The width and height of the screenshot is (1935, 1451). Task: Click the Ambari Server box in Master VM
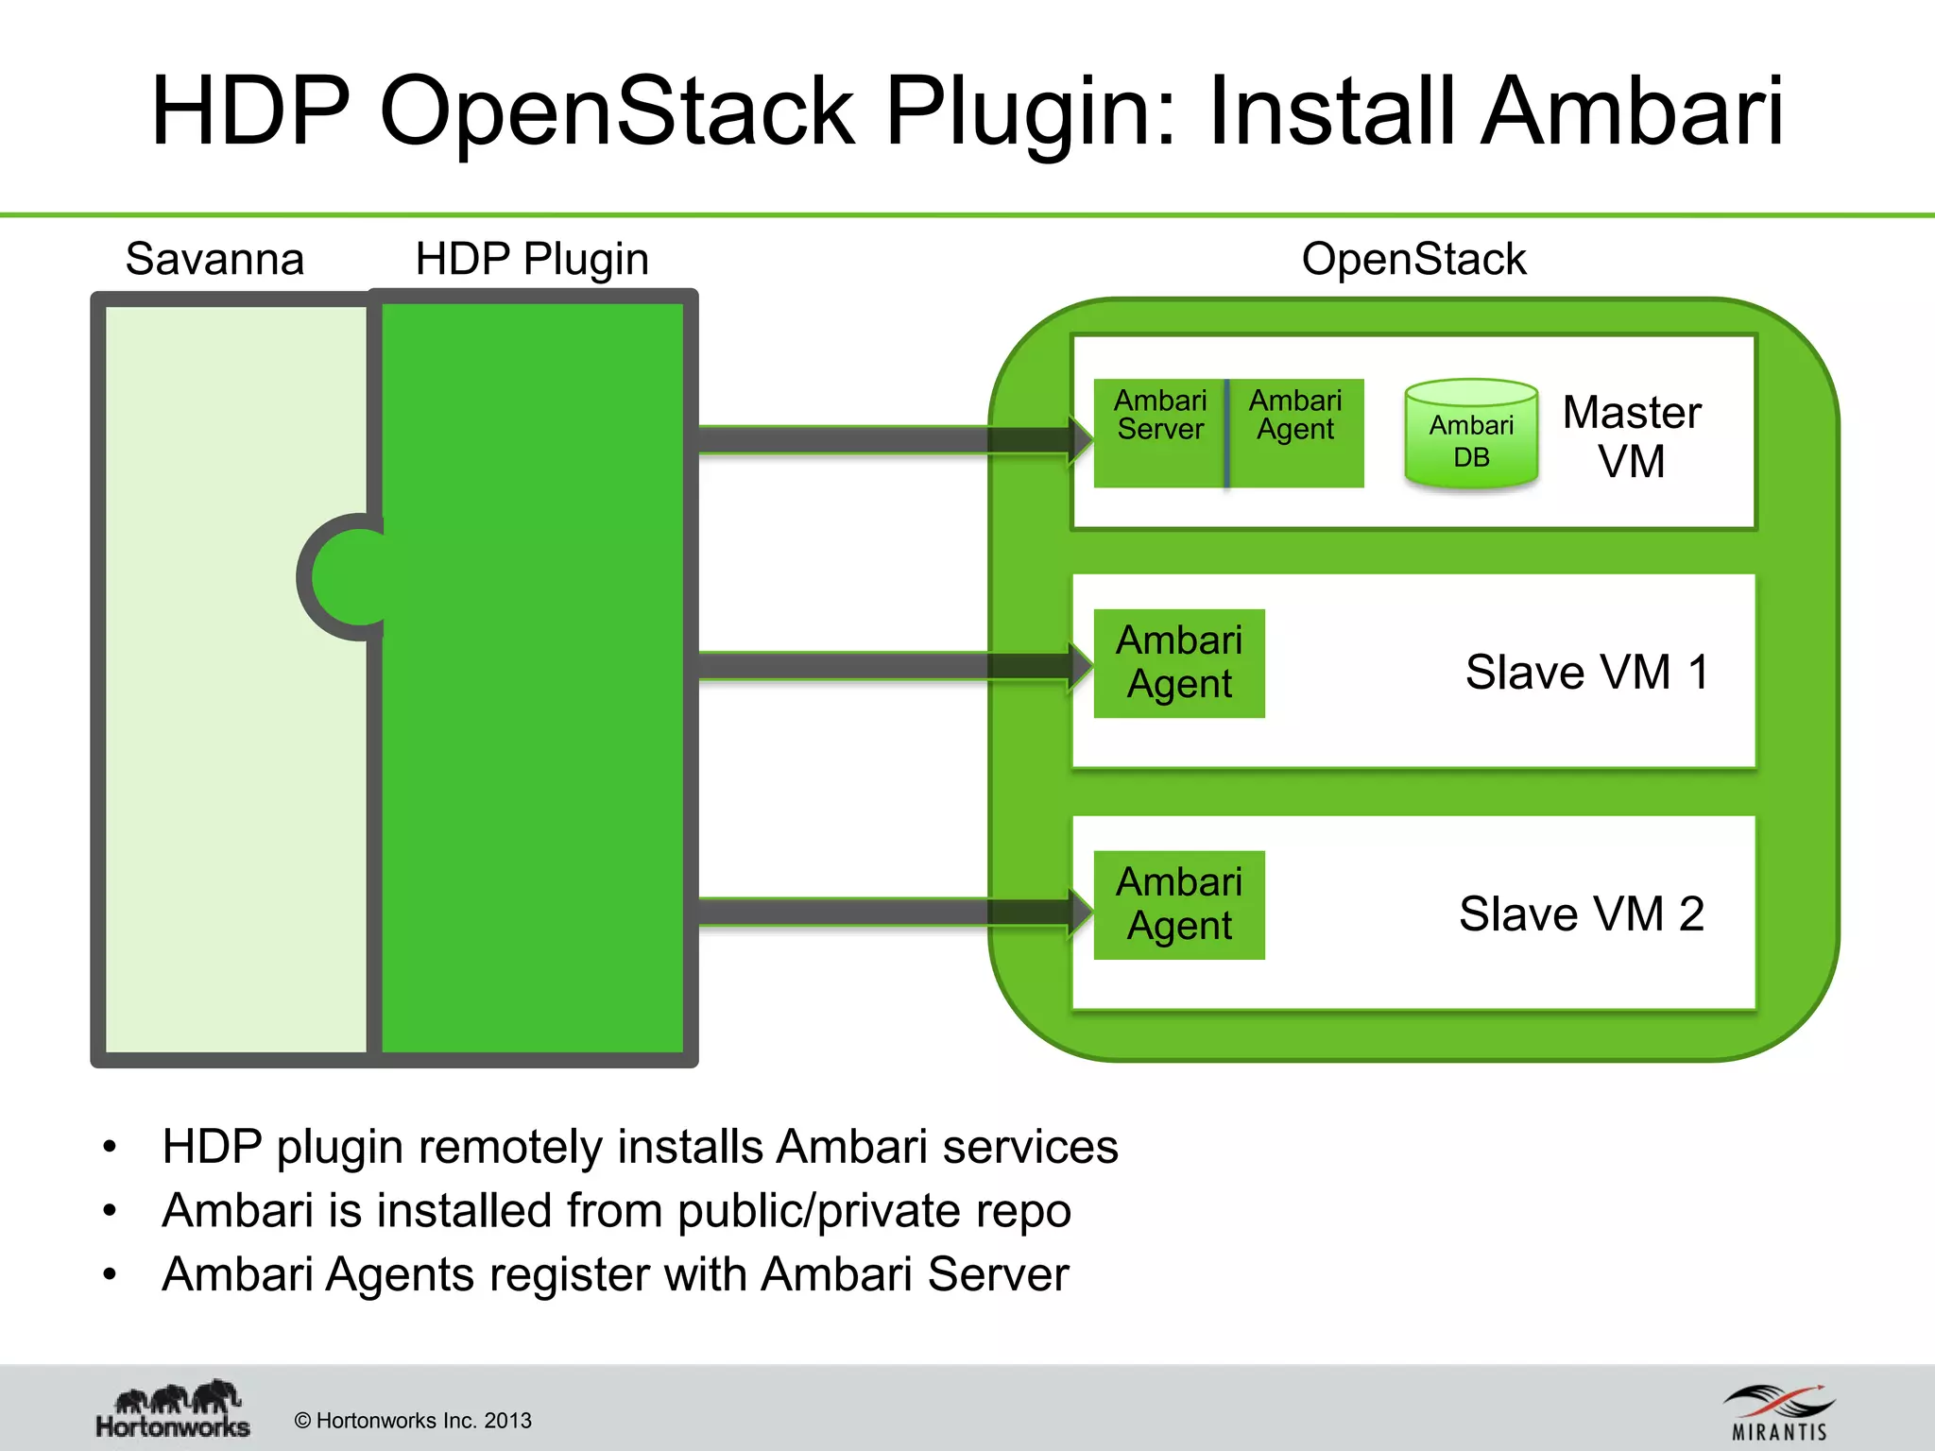(x=1159, y=433)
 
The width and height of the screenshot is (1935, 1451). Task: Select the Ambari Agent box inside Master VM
(x=1296, y=433)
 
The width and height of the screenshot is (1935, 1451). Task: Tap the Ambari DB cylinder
(x=1471, y=436)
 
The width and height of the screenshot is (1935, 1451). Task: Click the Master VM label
(x=1632, y=436)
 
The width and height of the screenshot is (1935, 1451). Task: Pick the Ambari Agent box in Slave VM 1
(x=1179, y=663)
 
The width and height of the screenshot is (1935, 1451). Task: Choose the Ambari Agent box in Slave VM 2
(x=1179, y=905)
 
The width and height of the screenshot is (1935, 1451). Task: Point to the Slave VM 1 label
(x=1587, y=673)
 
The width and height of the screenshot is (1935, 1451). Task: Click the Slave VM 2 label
(x=1582, y=914)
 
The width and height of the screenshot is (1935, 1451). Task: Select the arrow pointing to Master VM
(x=888, y=440)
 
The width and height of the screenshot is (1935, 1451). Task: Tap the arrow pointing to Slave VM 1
(x=888, y=666)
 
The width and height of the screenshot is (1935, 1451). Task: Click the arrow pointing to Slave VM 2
(x=888, y=912)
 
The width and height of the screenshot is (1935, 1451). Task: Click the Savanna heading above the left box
(x=214, y=259)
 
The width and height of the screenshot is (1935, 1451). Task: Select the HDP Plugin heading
(x=532, y=259)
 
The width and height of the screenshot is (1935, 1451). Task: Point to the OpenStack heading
(x=1413, y=259)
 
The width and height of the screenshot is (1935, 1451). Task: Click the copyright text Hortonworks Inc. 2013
(x=413, y=1421)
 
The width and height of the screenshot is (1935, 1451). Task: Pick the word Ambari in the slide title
(x=1633, y=111)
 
